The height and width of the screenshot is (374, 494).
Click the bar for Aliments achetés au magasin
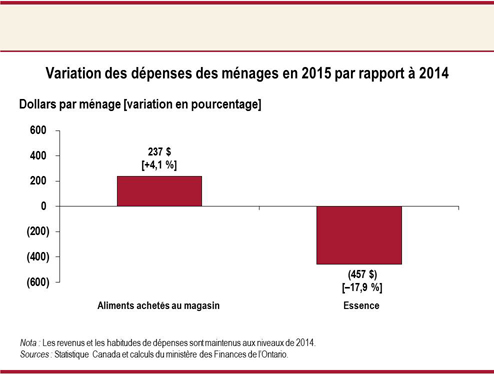tap(159, 191)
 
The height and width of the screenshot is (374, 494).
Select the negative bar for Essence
tap(360, 235)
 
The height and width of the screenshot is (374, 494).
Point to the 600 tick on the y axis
tap(37, 131)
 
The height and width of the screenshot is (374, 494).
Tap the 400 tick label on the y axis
tap(37, 156)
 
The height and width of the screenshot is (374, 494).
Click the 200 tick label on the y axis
tap(37, 181)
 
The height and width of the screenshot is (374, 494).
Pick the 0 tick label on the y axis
tap(43, 206)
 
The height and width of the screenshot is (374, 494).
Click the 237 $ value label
tap(159, 151)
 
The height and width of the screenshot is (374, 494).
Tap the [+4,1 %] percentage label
tap(159, 164)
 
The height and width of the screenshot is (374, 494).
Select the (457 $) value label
tap(360, 274)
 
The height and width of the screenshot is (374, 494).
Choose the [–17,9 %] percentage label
tap(360, 287)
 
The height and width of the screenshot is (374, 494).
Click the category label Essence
tap(360, 305)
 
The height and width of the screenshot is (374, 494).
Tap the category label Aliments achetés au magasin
tap(159, 305)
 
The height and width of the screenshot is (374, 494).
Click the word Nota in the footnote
tap(30, 342)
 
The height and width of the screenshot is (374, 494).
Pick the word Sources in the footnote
tap(36, 354)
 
